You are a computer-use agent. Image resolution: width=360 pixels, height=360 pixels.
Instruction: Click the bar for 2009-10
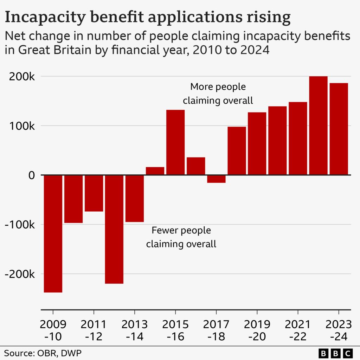[x=53, y=233]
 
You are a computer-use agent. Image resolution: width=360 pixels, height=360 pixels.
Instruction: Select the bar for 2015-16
[x=175, y=142]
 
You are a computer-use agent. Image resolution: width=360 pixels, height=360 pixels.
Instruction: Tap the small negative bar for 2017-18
[x=216, y=179]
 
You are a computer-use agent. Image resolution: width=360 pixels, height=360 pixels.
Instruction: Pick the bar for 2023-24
[x=339, y=129]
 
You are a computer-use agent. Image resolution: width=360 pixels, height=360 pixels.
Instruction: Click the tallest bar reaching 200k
[x=318, y=126]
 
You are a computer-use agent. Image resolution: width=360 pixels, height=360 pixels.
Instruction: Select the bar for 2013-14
[x=135, y=199]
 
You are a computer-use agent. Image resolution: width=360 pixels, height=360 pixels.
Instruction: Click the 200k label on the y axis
[x=22, y=77]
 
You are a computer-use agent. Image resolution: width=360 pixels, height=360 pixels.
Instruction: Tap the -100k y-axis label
[x=20, y=225]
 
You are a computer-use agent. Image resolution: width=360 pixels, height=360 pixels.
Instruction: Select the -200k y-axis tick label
[x=20, y=274]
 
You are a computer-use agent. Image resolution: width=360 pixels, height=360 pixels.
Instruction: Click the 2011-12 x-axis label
[x=94, y=330]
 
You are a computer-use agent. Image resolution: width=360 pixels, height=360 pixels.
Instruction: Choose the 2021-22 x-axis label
[x=297, y=330]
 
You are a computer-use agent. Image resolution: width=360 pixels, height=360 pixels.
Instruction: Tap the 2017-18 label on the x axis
[x=216, y=330]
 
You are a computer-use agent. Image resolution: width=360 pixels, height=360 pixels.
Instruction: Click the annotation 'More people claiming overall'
[x=218, y=94]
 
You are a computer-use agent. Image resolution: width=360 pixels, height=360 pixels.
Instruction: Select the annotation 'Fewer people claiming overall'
[x=181, y=237]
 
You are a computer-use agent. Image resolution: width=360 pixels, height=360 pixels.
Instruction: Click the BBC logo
[x=336, y=353]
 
